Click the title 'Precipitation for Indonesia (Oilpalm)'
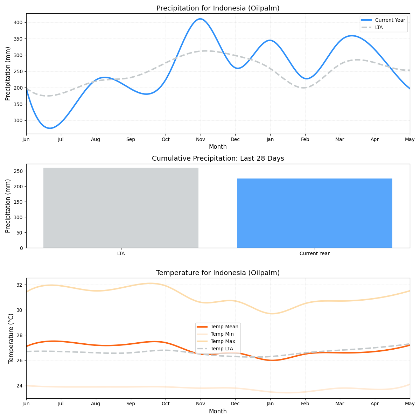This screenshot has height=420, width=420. [x=218, y=8]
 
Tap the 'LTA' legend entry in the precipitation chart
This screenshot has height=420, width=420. [x=379, y=27]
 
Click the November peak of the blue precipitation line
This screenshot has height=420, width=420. [x=200, y=19]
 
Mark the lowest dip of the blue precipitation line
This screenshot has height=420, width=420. [x=50, y=128]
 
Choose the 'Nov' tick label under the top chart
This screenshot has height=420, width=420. [x=200, y=139]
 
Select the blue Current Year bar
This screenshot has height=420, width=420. [x=315, y=213]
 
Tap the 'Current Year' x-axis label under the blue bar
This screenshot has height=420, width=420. [x=314, y=253]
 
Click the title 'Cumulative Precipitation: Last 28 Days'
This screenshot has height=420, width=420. [x=218, y=159]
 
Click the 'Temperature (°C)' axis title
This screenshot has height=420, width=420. [x=11, y=338]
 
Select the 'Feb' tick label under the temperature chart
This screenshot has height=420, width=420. [x=305, y=404]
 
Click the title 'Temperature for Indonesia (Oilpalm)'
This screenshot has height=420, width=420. [x=218, y=273]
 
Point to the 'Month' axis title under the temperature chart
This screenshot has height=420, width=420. [x=218, y=411]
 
